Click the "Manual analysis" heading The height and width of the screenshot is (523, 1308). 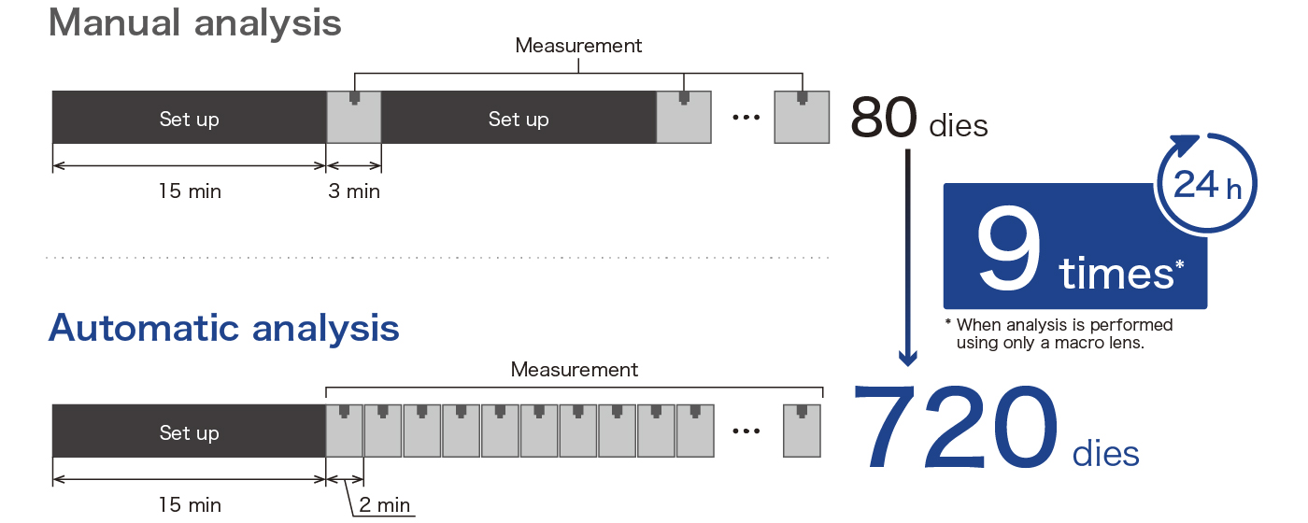[195, 24]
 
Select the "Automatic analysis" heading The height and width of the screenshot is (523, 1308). [224, 328]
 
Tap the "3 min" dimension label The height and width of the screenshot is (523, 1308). [354, 191]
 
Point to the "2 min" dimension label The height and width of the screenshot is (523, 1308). [384, 504]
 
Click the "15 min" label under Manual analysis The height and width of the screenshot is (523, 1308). [190, 191]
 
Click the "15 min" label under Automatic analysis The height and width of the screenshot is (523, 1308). [190, 504]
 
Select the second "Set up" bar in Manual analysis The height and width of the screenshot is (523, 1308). [519, 118]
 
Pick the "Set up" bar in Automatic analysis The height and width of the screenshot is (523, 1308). [189, 431]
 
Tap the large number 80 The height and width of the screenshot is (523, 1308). [884, 118]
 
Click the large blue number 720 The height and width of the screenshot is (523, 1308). [955, 427]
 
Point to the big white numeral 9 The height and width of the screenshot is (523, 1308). [1008, 249]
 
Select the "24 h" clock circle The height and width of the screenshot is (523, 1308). [1206, 183]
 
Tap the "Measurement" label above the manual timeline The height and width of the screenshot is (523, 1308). [578, 46]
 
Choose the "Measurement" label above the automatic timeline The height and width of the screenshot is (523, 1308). [574, 370]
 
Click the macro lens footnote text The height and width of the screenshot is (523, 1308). [1059, 333]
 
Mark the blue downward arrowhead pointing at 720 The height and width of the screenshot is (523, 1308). [907, 357]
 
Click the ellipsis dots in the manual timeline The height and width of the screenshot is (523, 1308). [746, 118]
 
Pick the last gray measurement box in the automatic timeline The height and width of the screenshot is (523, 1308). [802, 431]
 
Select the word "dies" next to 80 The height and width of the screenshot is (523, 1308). [959, 125]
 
